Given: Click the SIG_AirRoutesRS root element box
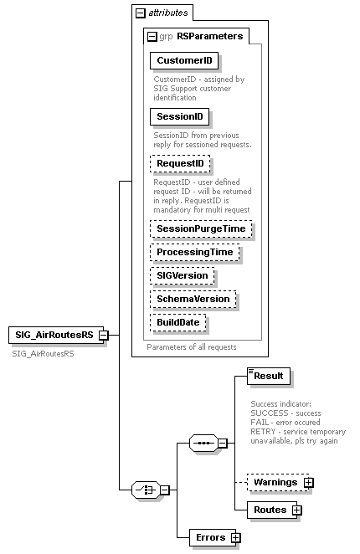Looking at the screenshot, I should point(53,336).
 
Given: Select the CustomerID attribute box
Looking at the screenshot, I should point(184,61).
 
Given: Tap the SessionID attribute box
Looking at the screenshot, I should point(180,116).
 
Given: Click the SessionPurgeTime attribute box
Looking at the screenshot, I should point(201,228).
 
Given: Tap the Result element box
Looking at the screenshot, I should point(269,377).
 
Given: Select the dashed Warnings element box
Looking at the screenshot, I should point(275,482).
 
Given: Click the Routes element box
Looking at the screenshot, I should point(270,510).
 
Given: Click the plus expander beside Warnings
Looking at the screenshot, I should point(308,482).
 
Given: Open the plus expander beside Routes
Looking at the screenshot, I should point(296,510).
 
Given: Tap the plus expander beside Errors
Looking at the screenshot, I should point(235,537).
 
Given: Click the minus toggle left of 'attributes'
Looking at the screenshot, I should point(141,13).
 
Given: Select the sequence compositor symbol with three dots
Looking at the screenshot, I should point(203,441).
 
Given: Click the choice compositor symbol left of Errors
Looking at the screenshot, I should point(146,490).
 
